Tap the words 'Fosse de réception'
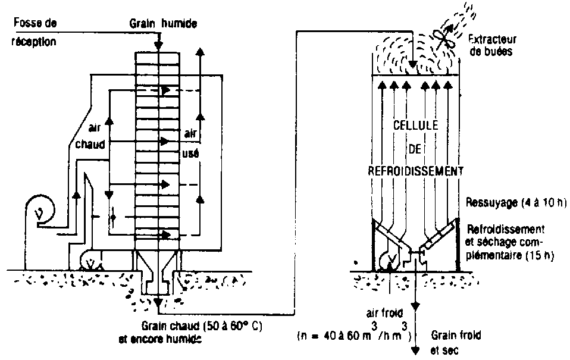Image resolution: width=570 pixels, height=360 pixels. tap(36, 33)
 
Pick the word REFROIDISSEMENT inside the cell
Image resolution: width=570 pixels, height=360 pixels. tap(415, 170)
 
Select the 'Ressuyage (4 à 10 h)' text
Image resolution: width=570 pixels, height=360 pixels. tap(515, 203)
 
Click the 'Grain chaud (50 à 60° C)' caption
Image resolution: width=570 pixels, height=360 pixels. tap(202, 327)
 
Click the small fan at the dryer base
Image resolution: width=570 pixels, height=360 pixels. tap(90, 261)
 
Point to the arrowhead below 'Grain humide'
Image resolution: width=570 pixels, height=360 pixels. tap(158, 47)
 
